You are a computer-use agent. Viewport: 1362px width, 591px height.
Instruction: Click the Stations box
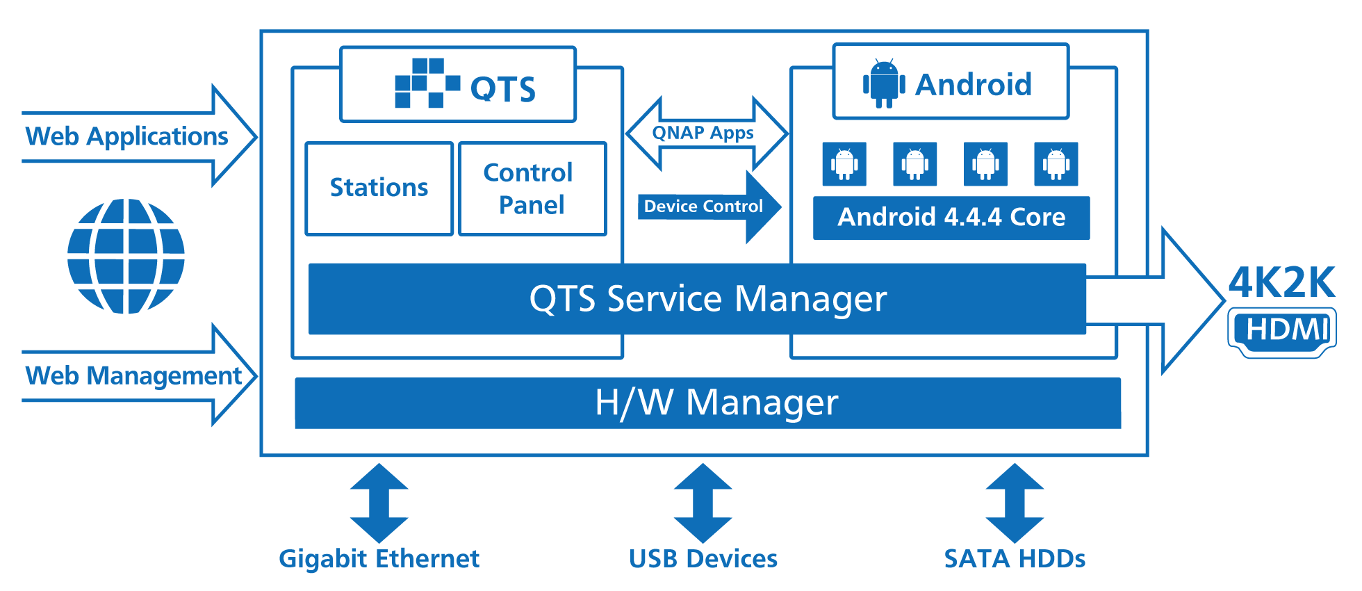tap(379, 188)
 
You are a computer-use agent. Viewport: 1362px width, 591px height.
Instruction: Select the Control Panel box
tap(532, 188)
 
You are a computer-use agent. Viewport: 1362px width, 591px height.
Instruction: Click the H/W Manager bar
tap(707, 403)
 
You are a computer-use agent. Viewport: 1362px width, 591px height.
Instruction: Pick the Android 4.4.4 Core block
tap(951, 218)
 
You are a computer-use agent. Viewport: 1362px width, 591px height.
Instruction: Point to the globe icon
tap(126, 256)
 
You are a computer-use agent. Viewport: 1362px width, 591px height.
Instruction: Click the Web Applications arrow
tap(139, 136)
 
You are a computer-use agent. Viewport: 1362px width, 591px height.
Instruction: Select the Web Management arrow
tap(139, 375)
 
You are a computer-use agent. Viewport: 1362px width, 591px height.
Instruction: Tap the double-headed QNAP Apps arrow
tap(705, 133)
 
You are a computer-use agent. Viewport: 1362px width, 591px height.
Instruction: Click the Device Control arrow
tap(709, 207)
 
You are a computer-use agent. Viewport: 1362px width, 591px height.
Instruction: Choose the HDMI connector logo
tap(1282, 332)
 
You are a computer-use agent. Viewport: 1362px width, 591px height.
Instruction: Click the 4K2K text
tap(1281, 282)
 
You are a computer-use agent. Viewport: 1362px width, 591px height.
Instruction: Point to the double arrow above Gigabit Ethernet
tap(379, 503)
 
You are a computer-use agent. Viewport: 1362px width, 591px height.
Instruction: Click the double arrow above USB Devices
tap(703, 503)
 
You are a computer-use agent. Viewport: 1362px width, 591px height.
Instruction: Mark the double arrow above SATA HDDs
tap(1015, 503)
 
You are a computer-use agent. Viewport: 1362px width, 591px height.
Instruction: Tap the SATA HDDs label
tap(1015, 559)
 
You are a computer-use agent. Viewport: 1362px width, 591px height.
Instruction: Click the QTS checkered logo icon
tap(427, 83)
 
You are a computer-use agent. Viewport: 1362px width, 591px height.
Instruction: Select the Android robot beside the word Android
tap(884, 83)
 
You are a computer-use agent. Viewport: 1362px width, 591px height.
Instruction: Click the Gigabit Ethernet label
tap(379, 559)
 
